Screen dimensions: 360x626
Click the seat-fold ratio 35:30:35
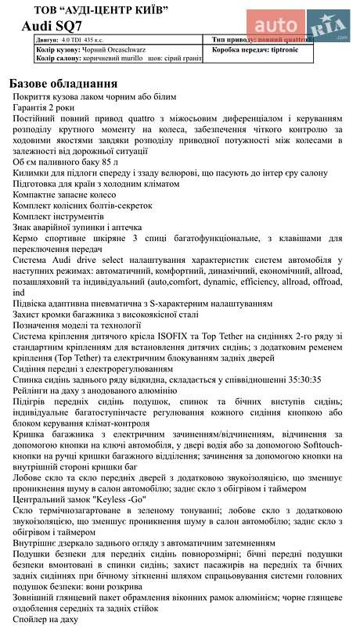point(298,380)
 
